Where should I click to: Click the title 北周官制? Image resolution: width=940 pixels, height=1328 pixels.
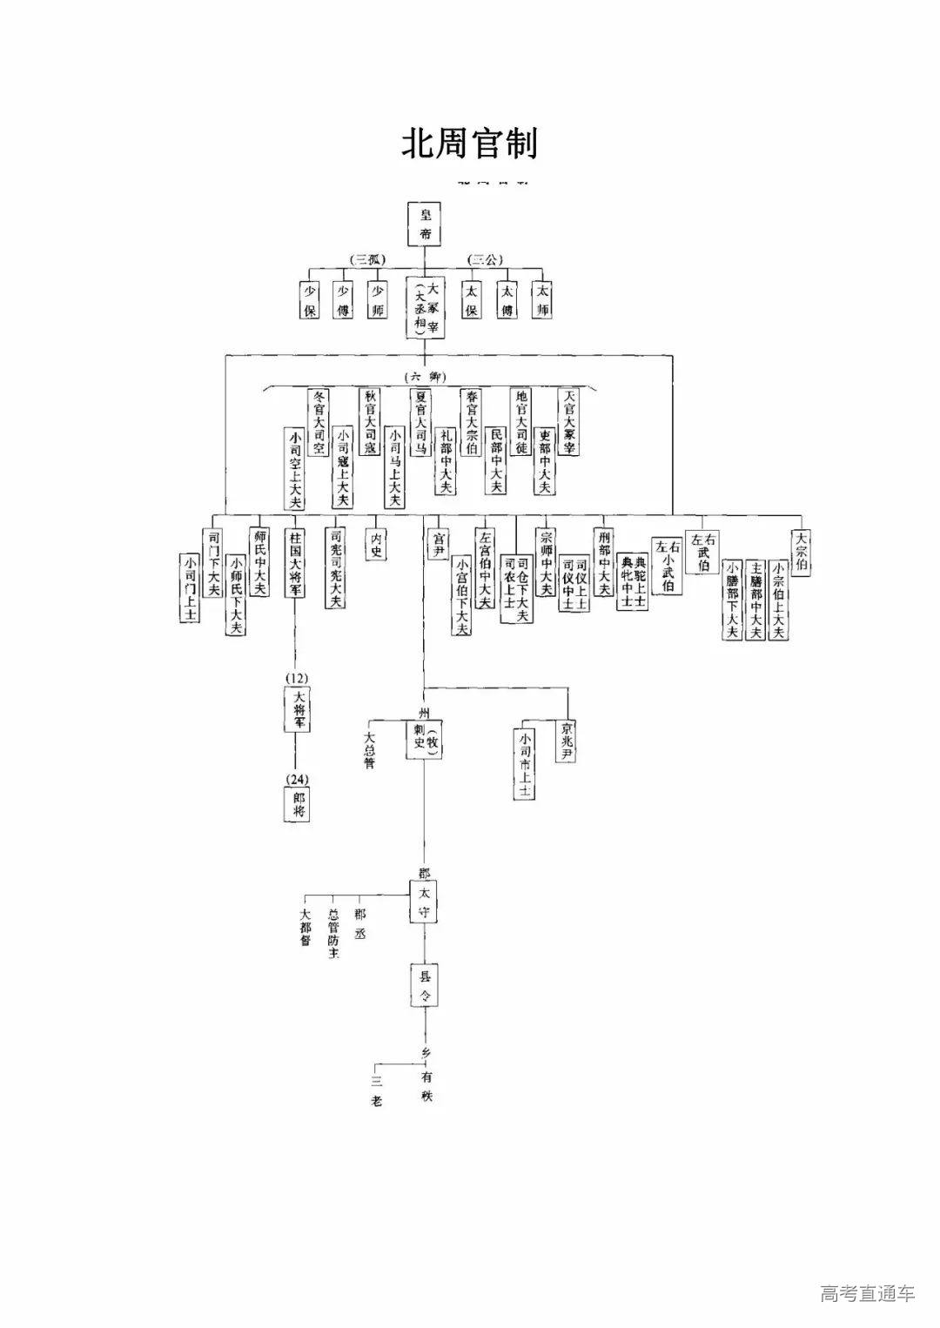[469, 144]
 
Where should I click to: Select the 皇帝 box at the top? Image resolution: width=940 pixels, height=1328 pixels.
[426, 224]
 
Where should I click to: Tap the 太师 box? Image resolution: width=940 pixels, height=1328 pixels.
[543, 299]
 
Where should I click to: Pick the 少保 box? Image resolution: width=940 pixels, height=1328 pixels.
[309, 299]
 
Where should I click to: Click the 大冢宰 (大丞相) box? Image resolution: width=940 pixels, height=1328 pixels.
[426, 308]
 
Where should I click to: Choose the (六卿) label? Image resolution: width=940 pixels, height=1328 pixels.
[426, 376]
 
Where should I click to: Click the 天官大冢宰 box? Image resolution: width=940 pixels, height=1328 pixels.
[569, 422]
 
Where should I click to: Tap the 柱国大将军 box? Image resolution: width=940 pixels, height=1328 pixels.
[295, 562]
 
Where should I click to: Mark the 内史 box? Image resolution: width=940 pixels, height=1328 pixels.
[376, 544]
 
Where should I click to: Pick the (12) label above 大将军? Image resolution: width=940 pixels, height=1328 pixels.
[296, 678]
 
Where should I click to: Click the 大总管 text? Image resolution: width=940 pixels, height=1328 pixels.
[369, 748]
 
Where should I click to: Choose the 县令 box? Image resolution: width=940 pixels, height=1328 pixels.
[425, 985]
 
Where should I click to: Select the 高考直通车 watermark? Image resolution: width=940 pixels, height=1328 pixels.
[867, 1293]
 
